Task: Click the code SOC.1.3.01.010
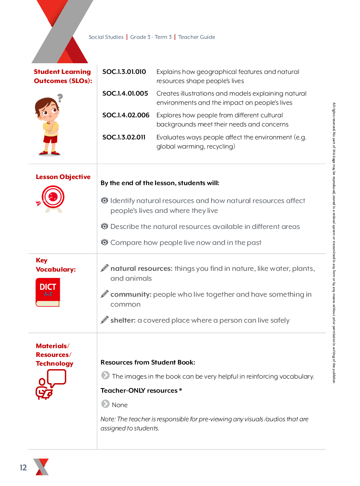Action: pos(124,72)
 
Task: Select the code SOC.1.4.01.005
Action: pos(125,94)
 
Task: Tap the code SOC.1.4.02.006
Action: pos(126,115)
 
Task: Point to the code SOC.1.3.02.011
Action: pos(124,137)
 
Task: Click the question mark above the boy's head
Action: pos(60,98)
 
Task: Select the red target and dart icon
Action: pos(51,198)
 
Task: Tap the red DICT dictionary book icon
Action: pos(48,292)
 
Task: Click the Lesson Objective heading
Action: pos(63,177)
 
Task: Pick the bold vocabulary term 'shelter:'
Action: pos(123,320)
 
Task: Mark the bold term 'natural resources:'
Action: pos(141,269)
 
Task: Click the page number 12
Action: pos(24,468)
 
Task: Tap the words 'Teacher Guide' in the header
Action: pos(197,37)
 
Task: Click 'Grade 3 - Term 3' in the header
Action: pos(151,37)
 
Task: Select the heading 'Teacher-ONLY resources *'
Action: pos(141,390)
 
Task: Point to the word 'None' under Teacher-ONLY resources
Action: pos(120,405)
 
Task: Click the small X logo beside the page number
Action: pos(41,467)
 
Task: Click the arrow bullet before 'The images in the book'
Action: pos(106,376)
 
